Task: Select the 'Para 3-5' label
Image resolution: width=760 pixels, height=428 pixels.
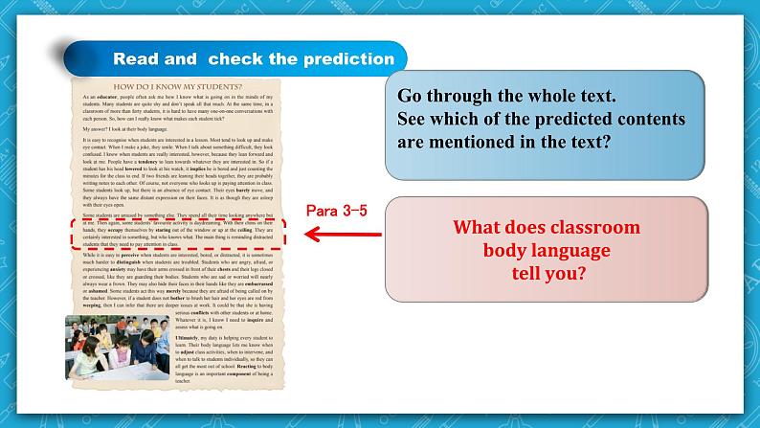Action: tap(335, 209)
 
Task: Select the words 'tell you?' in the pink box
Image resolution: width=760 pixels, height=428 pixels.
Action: tap(548, 272)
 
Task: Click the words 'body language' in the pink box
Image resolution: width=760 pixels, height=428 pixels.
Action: tap(548, 251)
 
